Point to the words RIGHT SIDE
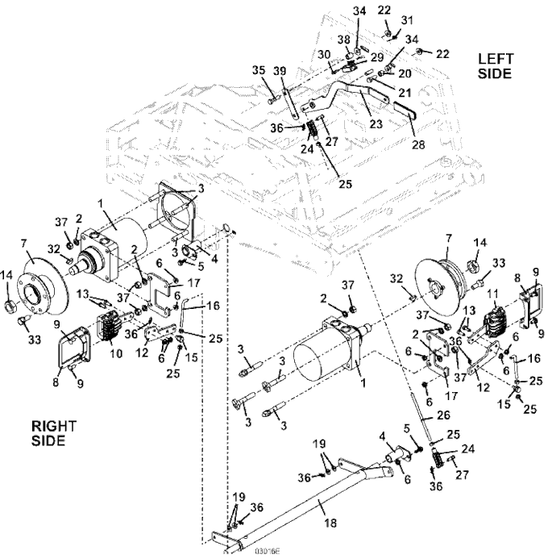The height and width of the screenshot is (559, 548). pyautogui.click(x=50, y=433)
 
